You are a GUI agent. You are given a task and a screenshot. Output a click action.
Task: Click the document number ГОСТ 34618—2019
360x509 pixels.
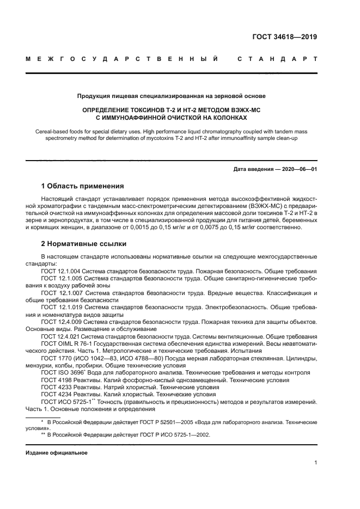285,38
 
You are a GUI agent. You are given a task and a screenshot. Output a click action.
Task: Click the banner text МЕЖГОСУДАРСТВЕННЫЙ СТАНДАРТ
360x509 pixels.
172,58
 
